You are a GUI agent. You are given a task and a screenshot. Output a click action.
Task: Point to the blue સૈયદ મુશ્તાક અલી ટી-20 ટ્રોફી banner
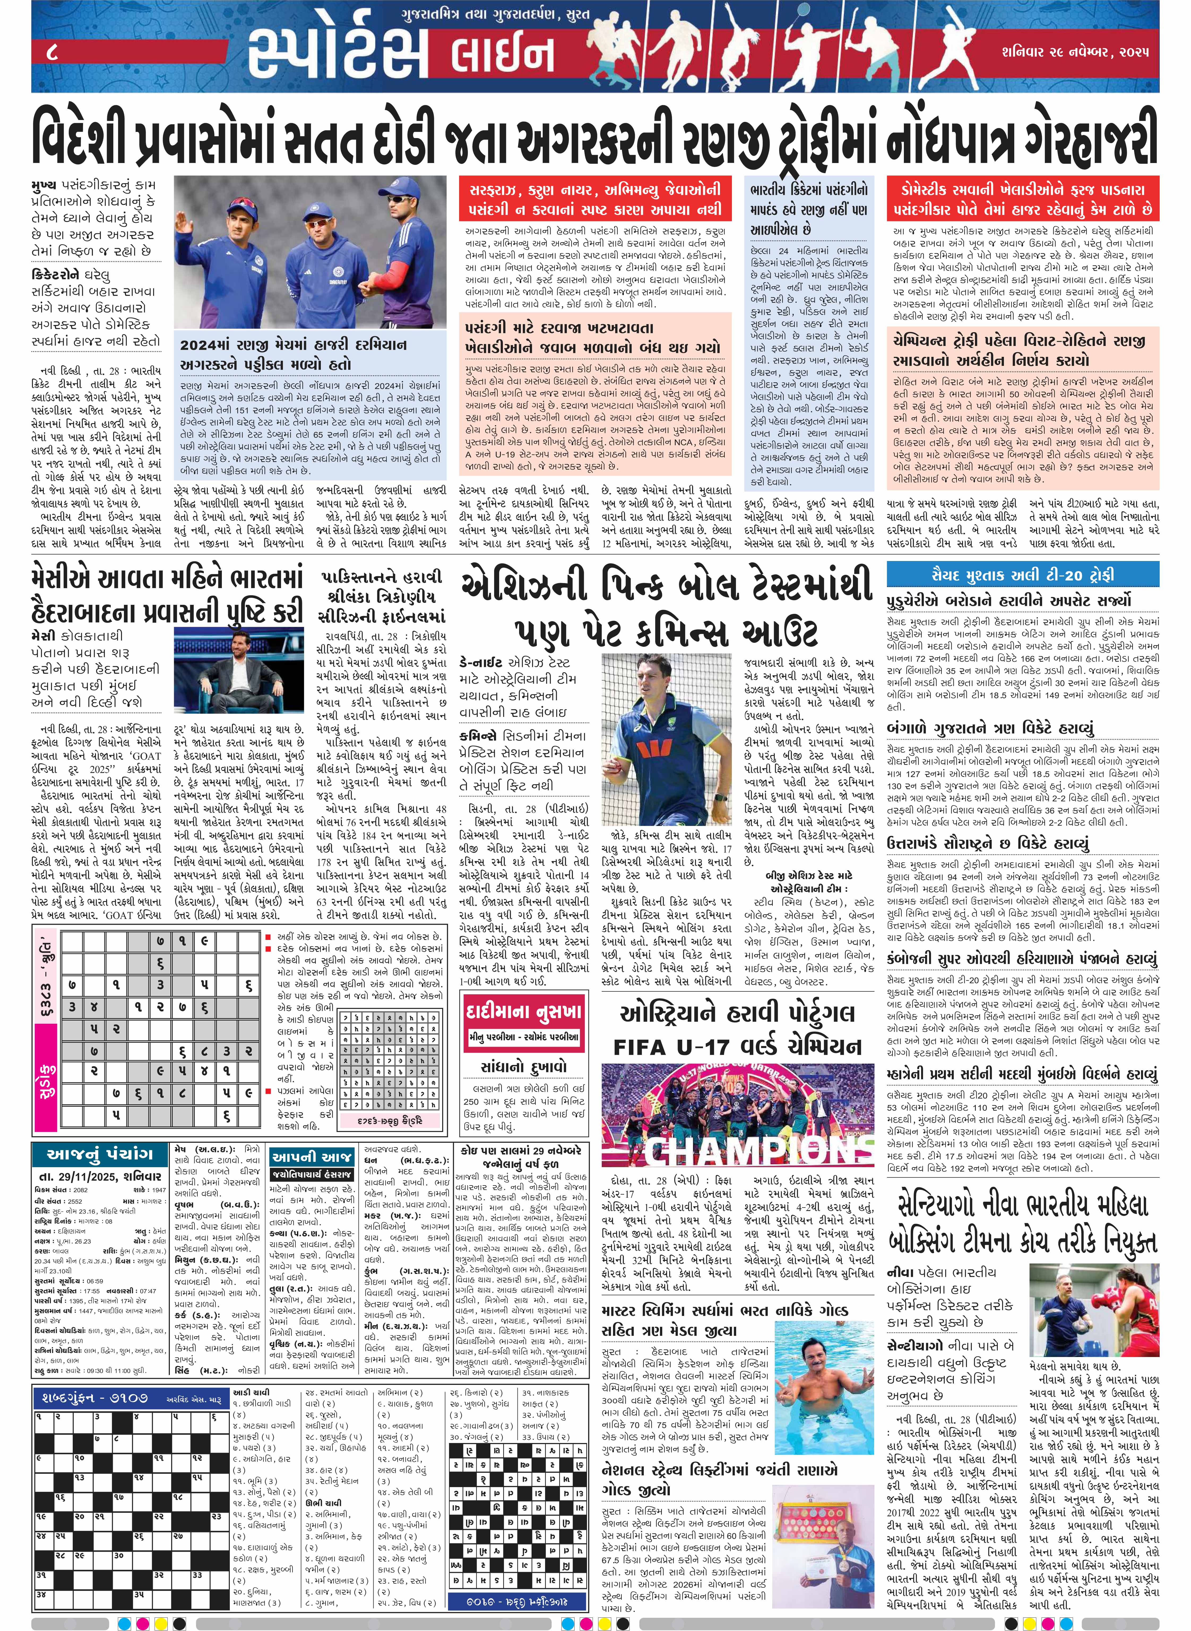[x=1022, y=575]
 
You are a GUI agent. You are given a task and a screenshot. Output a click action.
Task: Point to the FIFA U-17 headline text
[x=737, y=1046]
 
